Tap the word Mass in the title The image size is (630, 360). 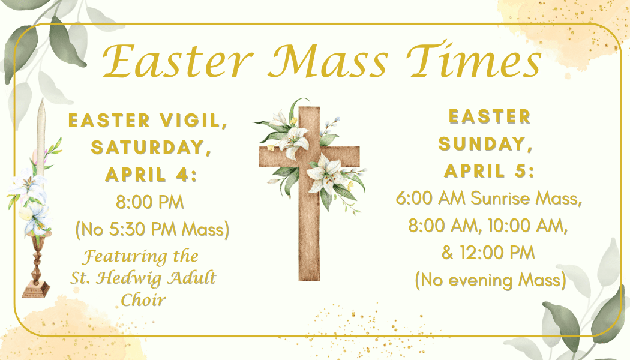328,61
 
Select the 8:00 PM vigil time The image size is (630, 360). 150,202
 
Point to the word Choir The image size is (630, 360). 143,300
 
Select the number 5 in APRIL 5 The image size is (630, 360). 519,171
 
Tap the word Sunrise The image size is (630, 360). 500,198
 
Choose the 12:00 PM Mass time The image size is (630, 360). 497,253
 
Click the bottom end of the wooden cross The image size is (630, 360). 310,280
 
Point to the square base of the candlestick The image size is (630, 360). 36,290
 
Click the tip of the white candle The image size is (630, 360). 41,99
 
